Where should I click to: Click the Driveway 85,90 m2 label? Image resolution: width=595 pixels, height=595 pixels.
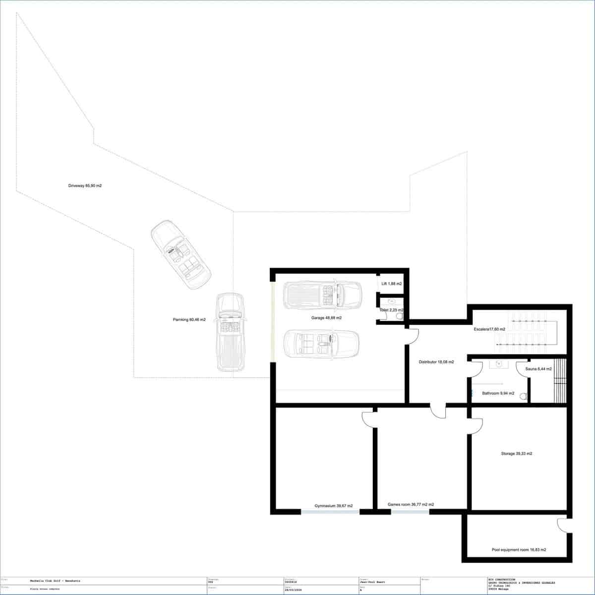pyautogui.click(x=85, y=186)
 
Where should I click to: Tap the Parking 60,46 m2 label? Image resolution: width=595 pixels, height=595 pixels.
pyautogui.click(x=189, y=320)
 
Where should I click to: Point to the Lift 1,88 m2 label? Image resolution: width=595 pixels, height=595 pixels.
pyautogui.click(x=391, y=284)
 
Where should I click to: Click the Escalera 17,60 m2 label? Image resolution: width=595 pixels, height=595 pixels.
pyautogui.click(x=489, y=329)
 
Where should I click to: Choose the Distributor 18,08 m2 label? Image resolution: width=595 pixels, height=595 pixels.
pyautogui.click(x=436, y=362)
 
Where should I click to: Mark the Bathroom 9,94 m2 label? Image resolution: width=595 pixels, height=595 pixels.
pyautogui.click(x=498, y=393)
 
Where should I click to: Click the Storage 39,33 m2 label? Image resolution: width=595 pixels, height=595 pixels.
pyautogui.click(x=516, y=454)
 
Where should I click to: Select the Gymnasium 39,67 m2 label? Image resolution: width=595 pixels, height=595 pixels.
pyautogui.click(x=334, y=506)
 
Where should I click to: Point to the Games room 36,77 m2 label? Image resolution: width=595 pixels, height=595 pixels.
pyautogui.click(x=411, y=505)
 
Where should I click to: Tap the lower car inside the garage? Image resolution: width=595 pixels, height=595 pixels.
pyautogui.click(x=321, y=343)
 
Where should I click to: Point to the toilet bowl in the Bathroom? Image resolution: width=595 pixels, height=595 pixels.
pyautogui.click(x=522, y=397)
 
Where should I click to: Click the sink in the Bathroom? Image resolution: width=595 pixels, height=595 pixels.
pyautogui.click(x=497, y=364)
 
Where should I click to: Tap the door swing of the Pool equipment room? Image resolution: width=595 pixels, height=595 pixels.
pyautogui.click(x=561, y=526)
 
